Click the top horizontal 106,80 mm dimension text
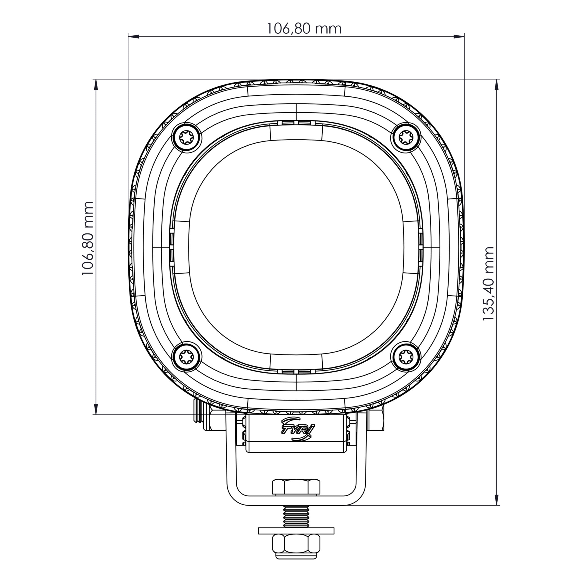[x=304, y=29]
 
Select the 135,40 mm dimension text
[x=488, y=283]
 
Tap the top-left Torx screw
[x=186, y=138]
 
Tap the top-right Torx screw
[x=406, y=138]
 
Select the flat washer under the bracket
[x=296, y=530]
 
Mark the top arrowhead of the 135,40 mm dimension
[x=497, y=85]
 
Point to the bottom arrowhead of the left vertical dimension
[x=96, y=409]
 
